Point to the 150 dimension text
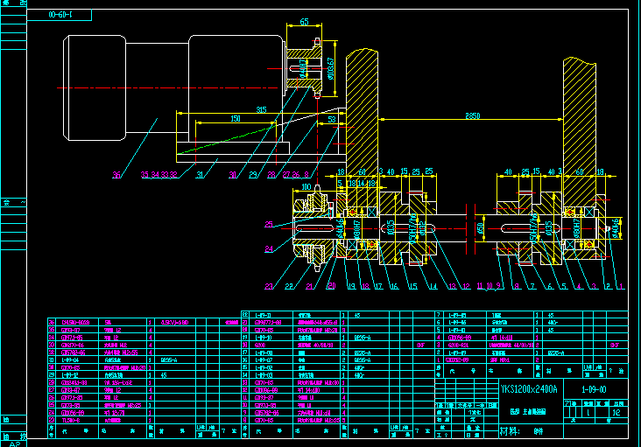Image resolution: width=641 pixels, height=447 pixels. tap(236, 119)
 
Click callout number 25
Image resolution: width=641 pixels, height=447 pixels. tap(269, 226)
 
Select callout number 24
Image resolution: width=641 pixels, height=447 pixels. tap(269, 249)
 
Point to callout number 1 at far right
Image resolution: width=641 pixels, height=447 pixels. tap(621, 286)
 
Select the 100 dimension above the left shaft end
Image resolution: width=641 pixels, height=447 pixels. tap(306, 186)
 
